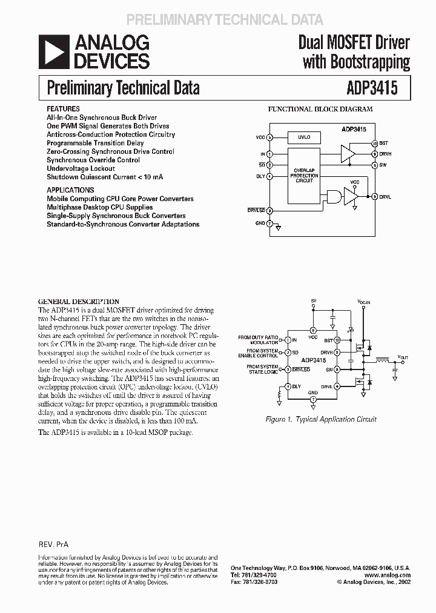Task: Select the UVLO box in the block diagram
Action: click(x=303, y=138)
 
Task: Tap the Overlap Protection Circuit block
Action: click(x=304, y=175)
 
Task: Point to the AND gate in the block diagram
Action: click(x=332, y=196)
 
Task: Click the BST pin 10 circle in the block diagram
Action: click(x=374, y=144)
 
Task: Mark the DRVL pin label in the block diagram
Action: click(x=386, y=196)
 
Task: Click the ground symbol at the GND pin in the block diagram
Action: click(x=278, y=228)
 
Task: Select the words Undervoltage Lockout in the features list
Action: click(x=81, y=168)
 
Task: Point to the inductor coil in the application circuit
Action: click(x=383, y=362)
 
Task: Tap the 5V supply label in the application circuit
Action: click(x=313, y=300)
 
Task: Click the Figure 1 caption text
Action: click(x=322, y=419)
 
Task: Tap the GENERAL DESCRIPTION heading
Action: click(x=79, y=301)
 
